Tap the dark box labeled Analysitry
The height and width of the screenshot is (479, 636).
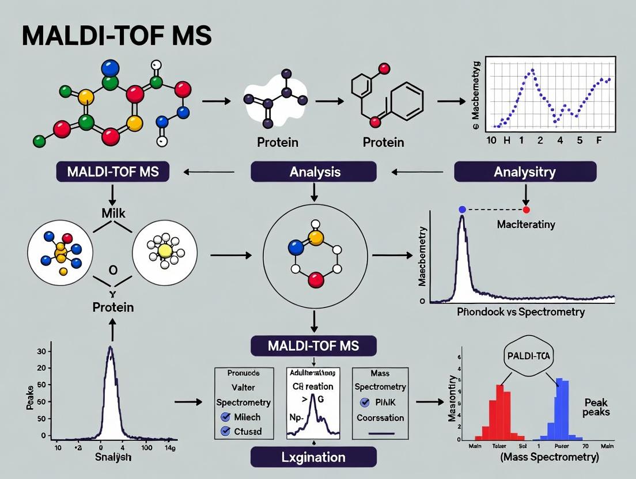(x=525, y=172)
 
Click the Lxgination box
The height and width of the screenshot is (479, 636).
(x=313, y=457)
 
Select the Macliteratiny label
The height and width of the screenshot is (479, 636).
(x=525, y=225)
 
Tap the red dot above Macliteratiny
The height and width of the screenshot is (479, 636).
(x=526, y=210)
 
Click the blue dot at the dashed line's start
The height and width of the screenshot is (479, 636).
(x=462, y=210)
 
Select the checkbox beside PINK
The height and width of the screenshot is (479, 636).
(x=364, y=402)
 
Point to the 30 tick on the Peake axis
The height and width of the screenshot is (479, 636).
(x=41, y=351)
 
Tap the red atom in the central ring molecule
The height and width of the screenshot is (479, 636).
(x=314, y=280)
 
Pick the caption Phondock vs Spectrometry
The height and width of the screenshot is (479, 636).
(x=520, y=312)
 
